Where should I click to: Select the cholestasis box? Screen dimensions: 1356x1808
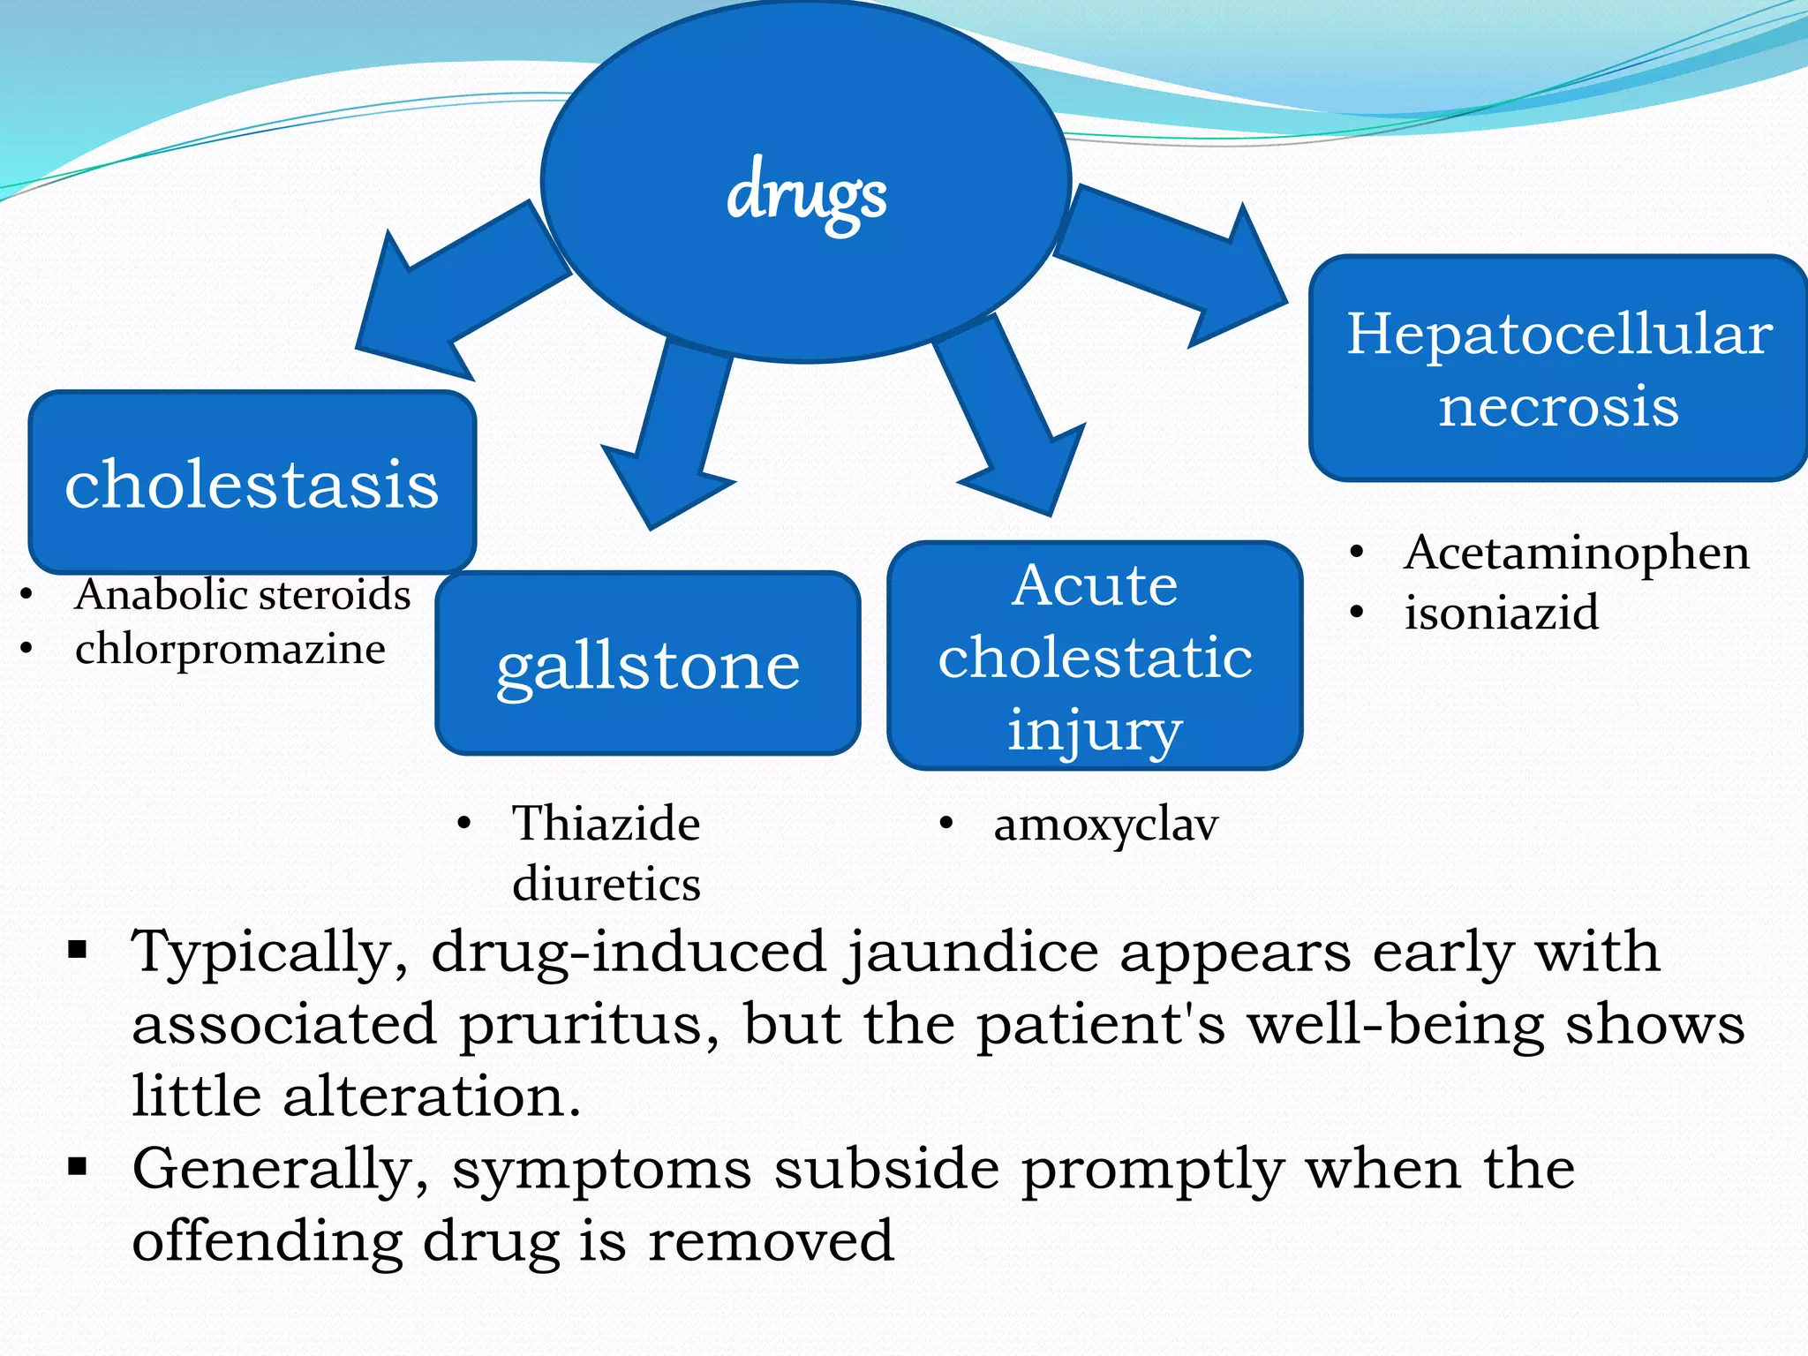point(252,483)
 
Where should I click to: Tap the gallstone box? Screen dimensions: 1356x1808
point(648,664)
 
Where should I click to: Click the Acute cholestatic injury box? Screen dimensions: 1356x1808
point(1095,656)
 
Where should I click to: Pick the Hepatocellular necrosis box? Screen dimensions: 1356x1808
point(1559,369)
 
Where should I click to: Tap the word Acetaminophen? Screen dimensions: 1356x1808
point(1577,553)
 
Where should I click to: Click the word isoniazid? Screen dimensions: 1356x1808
point(1501,612)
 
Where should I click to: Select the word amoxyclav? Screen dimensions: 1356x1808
point(1105,825)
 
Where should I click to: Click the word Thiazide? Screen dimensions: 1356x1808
point(606,824)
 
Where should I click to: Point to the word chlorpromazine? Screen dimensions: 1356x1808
point(230,650)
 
